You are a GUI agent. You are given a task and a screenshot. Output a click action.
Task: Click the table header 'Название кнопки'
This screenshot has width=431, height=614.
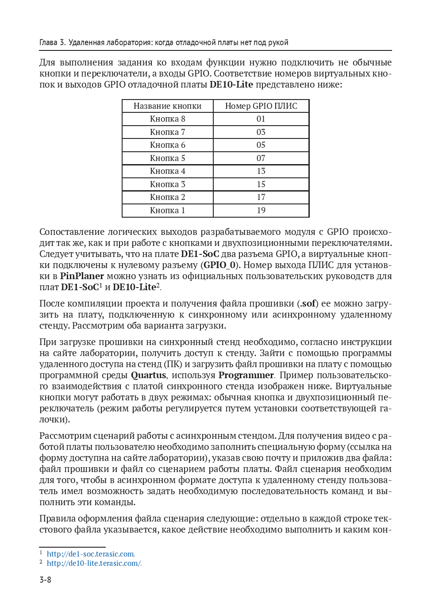167,106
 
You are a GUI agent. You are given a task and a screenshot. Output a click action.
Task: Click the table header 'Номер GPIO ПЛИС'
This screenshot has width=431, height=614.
261,106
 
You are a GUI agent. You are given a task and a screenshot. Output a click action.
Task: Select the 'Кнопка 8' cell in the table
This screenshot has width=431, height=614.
167,119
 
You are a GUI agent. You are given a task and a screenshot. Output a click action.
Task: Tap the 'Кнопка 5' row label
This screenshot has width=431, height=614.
167,158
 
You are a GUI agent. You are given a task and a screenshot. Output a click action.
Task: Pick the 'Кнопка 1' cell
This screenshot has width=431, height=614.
167,211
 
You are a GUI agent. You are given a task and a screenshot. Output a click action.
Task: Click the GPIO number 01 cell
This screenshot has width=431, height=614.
261,119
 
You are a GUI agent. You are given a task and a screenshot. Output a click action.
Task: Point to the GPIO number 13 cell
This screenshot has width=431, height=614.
261,171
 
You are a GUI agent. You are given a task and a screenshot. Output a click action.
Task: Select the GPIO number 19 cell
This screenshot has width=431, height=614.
261,211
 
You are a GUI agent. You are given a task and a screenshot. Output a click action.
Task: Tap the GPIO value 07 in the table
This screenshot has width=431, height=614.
261,158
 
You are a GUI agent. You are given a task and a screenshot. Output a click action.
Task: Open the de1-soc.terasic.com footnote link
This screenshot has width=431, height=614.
90,554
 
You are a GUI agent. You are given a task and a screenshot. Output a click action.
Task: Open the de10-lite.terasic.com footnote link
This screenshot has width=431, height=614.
94,563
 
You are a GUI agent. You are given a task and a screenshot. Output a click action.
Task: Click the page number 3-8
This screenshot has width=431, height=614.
45,579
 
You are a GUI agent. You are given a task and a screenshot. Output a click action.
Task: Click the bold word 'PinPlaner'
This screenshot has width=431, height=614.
82,276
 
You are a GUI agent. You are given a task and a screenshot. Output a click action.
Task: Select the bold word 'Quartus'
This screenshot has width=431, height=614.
148,375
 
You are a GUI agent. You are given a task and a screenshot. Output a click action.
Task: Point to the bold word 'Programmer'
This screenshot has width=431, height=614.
246,375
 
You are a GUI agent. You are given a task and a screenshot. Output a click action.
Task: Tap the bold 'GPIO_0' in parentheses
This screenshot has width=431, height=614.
220,265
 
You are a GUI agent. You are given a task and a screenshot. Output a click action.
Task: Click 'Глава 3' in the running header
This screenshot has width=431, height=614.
52,42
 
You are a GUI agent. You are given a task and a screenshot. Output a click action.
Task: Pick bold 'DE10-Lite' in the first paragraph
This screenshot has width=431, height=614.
231,84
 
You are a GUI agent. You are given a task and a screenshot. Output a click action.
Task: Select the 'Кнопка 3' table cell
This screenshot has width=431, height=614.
167,184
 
